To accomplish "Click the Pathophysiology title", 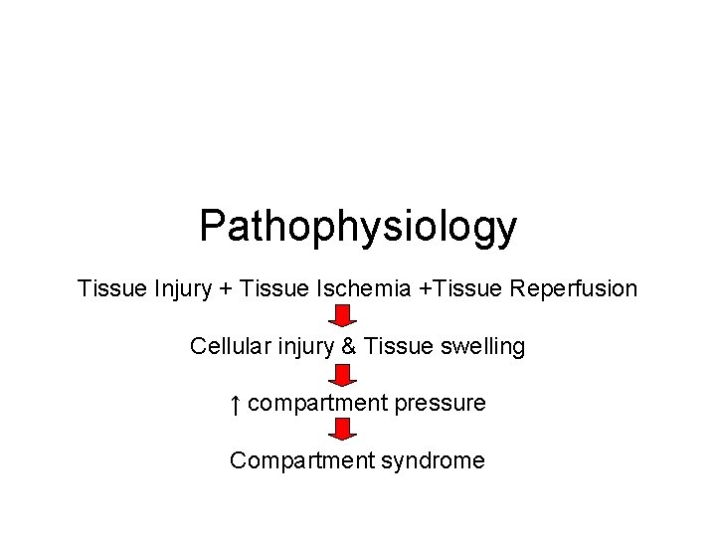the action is pyautogui.click(x=358, y=227).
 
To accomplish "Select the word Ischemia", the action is pyautogui.click(x=362, y=289).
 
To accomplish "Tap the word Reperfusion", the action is pyautogui.click(x=574, y=289).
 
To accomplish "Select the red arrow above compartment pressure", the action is pyautogui.click(x=343, y=375).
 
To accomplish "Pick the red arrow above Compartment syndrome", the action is pyautogui.click(x=343, y=431).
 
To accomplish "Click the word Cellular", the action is pyautogui.click(x=230, y=347).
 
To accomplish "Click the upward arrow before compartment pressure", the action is pyautogui.click(x=235, y=404).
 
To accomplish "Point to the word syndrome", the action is pyautogui.click(x=434, y=460).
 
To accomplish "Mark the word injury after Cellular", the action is pyautogui.click(x=304, y=347).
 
